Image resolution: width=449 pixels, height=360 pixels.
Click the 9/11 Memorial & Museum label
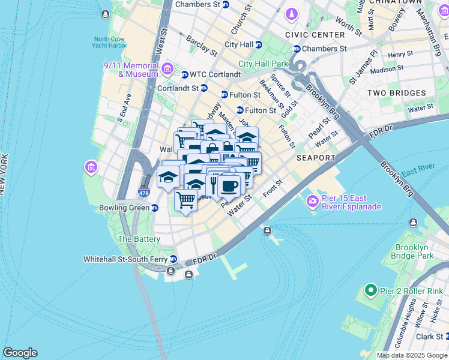click(x=130, y=70)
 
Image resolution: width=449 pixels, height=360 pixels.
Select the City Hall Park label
click(x=263, y=64)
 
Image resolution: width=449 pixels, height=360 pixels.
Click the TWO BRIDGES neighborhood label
click(x=396, y=93)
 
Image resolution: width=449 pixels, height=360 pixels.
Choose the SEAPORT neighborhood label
click(x=315, y=158)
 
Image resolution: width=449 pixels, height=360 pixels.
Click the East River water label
click(x=419, y=172)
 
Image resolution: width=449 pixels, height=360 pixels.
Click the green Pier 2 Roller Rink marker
click(x=370, y=292)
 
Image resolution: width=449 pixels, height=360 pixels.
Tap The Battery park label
click(x=139, y=239)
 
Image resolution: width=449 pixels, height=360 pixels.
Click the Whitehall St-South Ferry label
click(x=125, y=259)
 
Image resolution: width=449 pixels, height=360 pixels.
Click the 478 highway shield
click(x=144, y=193)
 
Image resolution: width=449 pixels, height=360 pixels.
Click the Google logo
click(x=20, y=353)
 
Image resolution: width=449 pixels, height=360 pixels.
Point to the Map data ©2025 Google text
click(x=411, y=355)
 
